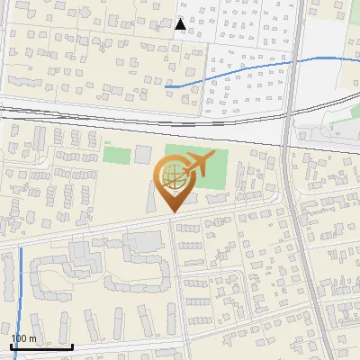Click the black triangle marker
tap(181, 24)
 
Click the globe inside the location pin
tap(172, 180)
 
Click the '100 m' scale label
tap(23, 338)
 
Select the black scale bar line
tap(41, 346)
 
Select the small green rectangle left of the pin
tap(116, 154)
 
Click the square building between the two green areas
tap(143, 154)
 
